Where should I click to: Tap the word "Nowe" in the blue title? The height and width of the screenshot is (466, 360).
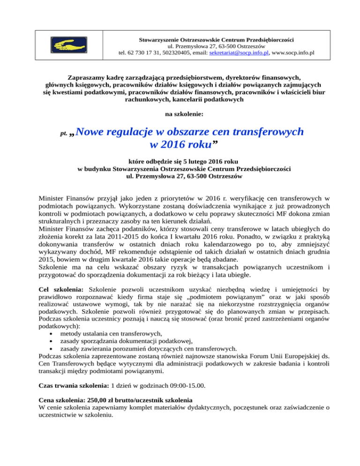[x=86, y=132]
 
